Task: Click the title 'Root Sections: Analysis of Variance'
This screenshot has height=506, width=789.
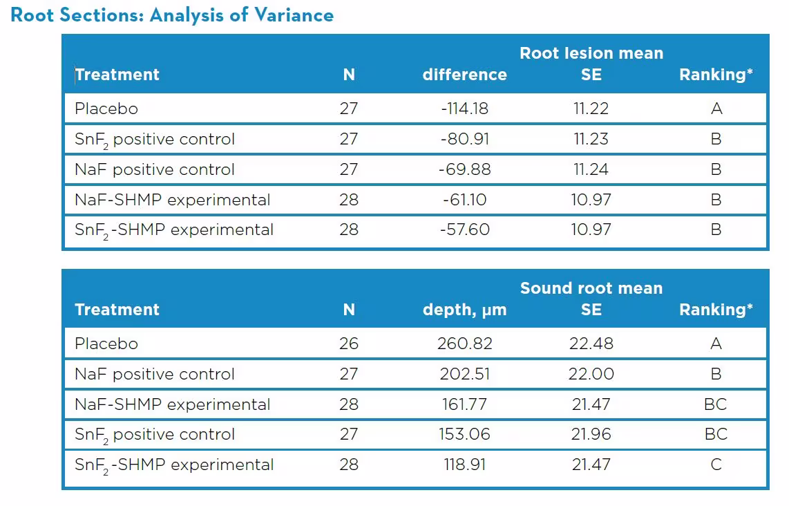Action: point(172,15)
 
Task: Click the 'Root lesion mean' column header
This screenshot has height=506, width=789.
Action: point(591,53)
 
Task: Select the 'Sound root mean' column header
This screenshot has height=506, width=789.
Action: point(591,288)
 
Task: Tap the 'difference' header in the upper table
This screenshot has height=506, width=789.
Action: point(464,75)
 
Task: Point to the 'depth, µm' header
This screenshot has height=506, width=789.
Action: point(464,310)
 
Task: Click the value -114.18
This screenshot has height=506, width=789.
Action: point(464,109)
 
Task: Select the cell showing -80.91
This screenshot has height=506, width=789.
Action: point(464,139)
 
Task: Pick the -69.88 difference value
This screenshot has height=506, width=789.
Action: point(464,169)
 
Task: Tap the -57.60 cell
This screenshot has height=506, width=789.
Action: point(464,229)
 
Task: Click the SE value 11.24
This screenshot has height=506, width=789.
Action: point(591,169)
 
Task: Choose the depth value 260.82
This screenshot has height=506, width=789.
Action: point(464,344)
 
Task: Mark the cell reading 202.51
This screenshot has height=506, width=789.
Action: point(464,374)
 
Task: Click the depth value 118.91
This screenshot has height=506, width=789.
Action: point(464,465)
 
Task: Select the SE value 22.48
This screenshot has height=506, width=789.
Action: point(591,344)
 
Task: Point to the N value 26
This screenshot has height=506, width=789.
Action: point(349,344)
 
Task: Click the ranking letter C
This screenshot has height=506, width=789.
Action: point(716,465)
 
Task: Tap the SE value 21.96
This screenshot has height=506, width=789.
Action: point(591,434)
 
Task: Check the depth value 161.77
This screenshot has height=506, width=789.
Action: point(464,404)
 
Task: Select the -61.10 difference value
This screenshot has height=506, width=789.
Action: point(464,200)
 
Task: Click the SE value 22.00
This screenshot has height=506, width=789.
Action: point(591,374)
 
